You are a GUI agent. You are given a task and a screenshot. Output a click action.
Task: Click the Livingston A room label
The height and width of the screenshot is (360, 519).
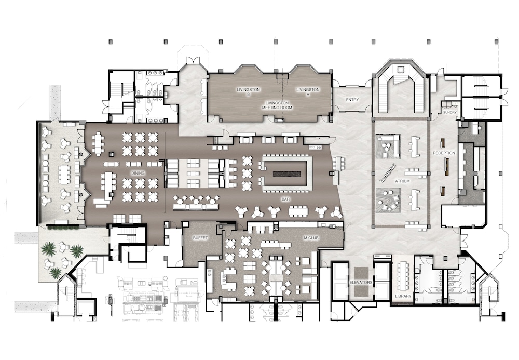(x=308, y=92)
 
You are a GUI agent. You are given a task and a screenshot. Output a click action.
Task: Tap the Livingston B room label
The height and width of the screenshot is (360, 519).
(x=248, y=92)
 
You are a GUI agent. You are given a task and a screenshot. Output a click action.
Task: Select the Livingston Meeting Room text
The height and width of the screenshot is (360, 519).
(x=277, y=105)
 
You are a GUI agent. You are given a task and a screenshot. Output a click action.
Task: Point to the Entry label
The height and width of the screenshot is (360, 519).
(x=352, y=100)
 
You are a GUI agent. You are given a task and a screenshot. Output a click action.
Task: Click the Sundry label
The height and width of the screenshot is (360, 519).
(x=449, y=113)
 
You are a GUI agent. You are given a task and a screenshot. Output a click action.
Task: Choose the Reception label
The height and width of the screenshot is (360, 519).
(x=444, y=153)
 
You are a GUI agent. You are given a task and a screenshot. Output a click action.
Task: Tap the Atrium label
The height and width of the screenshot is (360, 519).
(x=402, y=181)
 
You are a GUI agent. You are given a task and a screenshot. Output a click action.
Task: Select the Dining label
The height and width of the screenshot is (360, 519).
(x=138, y=173)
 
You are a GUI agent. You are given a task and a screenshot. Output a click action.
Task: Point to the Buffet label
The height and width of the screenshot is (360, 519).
(x=200, y=238)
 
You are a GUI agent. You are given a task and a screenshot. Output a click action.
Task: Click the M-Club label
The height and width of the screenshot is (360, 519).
(x=311, y=238)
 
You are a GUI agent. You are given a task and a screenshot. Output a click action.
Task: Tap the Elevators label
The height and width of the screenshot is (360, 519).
(x=361, y=282)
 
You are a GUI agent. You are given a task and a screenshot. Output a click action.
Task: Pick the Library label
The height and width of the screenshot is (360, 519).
(x=403, y=296)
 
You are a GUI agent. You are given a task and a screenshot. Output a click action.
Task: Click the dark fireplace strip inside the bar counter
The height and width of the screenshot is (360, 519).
(x=287, y=174)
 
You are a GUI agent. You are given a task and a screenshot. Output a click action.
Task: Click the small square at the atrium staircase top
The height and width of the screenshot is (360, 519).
(x=401, y=70)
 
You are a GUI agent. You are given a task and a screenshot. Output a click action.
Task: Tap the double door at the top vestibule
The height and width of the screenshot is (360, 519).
(x=193, y=60)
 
